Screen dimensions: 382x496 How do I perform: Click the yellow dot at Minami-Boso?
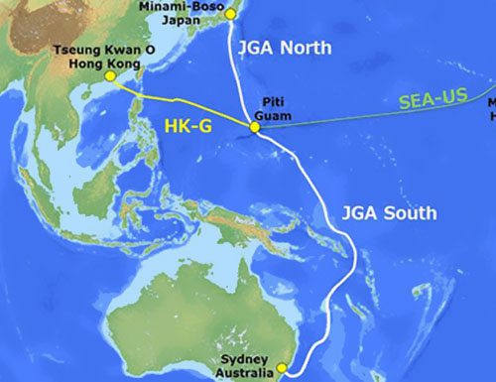click(230, 14)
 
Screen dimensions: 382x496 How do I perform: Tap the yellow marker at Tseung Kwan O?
click(110, 76)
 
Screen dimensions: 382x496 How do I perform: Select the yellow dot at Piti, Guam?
click(256, 128)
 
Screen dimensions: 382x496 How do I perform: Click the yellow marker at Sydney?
click(282, 367)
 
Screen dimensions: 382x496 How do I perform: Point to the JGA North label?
click(284, 48)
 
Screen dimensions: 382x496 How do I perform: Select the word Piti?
click(273, 102)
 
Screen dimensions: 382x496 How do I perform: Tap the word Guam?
click(276, 116)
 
